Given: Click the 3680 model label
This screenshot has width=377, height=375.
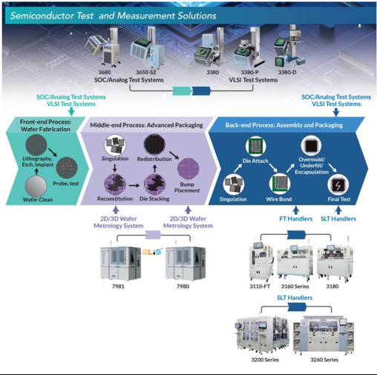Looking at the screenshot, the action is pyautogui.click(x=105, y=72).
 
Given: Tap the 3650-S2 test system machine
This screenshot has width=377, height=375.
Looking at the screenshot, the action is pyautogui.click(x=147, y=48).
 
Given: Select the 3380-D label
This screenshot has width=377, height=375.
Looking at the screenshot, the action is pyautogui.click(x=287, y=72).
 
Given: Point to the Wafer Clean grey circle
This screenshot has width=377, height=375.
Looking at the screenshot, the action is pyautogui.click(x=36, y=186).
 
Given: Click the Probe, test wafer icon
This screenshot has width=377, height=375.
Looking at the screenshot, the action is pyautogui.click(x=67, y=168).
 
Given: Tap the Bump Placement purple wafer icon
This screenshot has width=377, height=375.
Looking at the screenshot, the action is pyautogui.click(x=188, y=169).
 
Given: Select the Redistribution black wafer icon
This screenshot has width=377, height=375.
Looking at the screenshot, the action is pyautogui.click(x=154, y=145).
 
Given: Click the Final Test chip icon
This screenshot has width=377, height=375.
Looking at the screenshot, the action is pyautogui.click(x=338, y=185).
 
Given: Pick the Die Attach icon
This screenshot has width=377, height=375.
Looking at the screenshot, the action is pyautogui.click(x=256, y=146).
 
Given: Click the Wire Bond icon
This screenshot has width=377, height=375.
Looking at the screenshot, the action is pyautogui.click(x=280, y=185).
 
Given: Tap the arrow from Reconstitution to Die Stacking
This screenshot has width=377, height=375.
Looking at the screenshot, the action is pyautogui.click(x=134, y=185).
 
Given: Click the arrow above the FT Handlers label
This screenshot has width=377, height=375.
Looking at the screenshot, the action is pyautogui.click(x=295, y=210).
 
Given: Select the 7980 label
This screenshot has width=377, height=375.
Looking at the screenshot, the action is pyautogui.click(x=183, y=286).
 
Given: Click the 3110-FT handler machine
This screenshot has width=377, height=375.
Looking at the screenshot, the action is pyautogui.click(x=261, y=262).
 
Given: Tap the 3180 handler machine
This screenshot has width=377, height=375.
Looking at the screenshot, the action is pyautogui.click(x=335, y=262).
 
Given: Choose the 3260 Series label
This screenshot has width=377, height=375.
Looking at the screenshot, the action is pyautogui.click(x=324, y=359).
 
